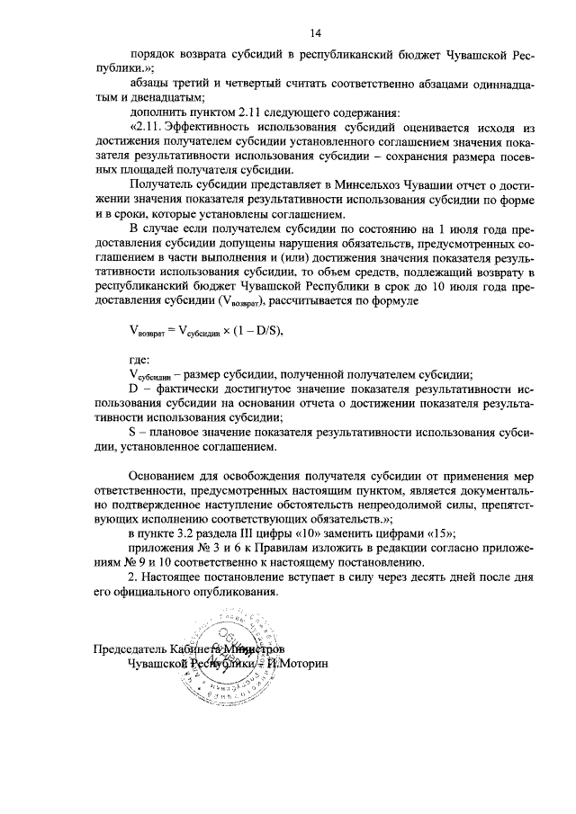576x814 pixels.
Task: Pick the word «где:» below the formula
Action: (x=141, y=360)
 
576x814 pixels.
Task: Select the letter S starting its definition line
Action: (x=133, y=434)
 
